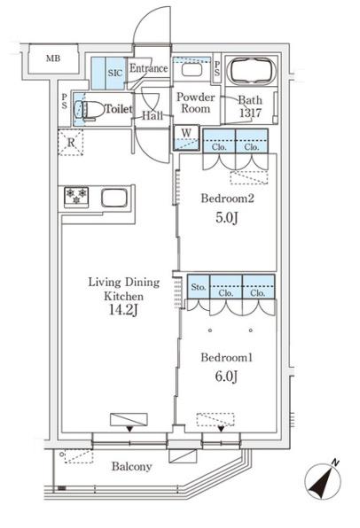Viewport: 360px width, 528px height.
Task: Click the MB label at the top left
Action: coord(53,58)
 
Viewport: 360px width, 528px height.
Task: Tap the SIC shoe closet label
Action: coord(115,73)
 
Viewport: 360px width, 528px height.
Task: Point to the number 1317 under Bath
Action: coord(250,113)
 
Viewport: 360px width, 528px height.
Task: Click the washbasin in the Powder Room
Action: coord(192,70)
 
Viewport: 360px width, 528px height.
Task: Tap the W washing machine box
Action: coord(186,137)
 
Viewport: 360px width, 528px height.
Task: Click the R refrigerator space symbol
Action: coord(70,143)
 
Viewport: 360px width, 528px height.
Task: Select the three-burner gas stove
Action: coord(76,197)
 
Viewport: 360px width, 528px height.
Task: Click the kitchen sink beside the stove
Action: coord(114,198)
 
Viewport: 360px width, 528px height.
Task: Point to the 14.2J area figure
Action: coord(123,309)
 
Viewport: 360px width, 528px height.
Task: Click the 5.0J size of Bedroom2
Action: coord(227,218)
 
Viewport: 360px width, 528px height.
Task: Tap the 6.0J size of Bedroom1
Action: coord(226,377)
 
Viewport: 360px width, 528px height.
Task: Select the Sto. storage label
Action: coord(199,287)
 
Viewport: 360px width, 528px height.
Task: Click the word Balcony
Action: coord(131,467)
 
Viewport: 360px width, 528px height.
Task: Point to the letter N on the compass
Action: coord(334,463)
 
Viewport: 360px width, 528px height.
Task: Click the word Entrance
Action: coord(149,68)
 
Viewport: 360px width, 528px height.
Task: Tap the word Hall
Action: coord(153,115)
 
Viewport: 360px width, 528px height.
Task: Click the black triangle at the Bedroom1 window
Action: coord(221,429)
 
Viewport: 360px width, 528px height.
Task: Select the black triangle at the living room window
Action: coord(129,429)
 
